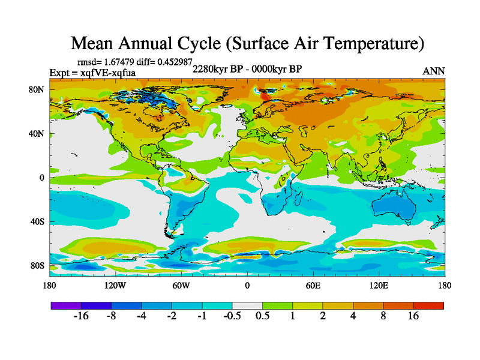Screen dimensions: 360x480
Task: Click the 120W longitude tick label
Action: pyautogui.click(x=115, y=285)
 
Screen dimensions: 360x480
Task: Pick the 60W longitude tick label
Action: pyautogui.click(x=181, y=285)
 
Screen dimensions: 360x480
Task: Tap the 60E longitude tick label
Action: pyautogui.click(x=313, y=285)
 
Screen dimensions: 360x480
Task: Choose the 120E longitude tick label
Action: pyautogui.click(x=379, y=285)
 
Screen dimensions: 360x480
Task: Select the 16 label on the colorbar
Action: pyautogui.click(x=413, y=316)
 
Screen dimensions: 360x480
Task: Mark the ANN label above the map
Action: pyautogui.click(x=434, y=71)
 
